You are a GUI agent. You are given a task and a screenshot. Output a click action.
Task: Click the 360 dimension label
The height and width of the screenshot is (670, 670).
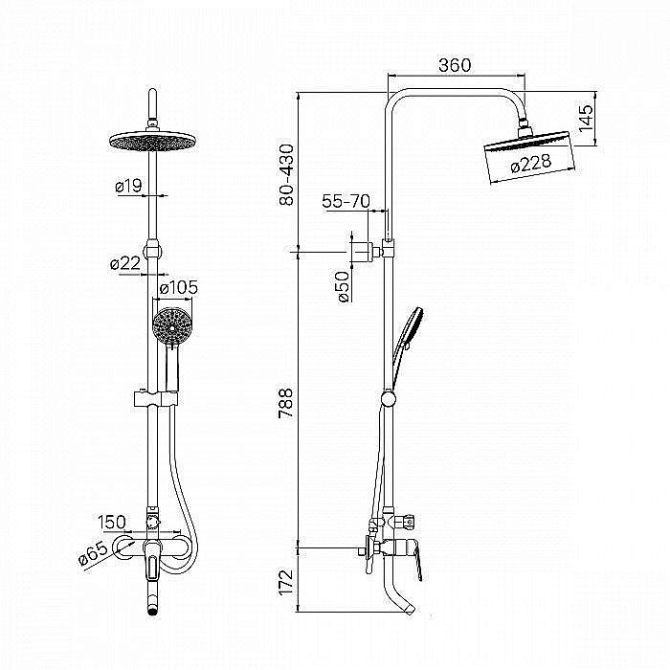click(455, 65)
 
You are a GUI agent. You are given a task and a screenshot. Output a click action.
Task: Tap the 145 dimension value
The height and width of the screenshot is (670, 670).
click(586, 118)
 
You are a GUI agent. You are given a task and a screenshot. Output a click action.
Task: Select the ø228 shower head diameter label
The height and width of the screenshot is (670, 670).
click(531, 164)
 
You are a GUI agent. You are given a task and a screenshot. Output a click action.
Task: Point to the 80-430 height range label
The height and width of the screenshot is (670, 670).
click(287, 175)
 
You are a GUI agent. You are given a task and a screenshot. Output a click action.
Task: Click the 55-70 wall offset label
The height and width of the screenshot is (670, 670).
click(346, 201)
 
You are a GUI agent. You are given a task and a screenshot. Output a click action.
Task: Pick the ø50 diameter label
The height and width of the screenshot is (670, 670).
click(344, 287)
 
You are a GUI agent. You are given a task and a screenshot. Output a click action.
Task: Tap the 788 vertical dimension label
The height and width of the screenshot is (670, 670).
click(286, 403)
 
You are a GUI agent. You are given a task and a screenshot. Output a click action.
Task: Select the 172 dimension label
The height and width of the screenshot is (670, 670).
click(286, 582)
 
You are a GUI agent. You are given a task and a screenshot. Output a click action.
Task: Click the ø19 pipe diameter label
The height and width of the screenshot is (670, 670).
click(128, 186)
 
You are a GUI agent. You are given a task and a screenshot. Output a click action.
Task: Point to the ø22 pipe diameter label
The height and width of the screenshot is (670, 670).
click(125, 263)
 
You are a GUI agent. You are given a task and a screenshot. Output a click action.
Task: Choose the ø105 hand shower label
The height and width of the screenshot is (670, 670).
click(179, 287)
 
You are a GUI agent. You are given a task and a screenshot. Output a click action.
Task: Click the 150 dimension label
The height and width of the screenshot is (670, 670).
click(112, 523)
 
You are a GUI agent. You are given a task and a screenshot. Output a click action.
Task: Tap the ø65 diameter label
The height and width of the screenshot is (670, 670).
click(93, 553)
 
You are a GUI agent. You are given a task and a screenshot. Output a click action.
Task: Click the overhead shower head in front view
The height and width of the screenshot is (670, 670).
click(152, 141)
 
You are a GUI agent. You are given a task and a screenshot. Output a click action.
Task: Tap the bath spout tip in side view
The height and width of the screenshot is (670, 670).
click(410, 609)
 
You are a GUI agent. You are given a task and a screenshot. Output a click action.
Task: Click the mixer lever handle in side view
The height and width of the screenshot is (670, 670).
click(418, 561)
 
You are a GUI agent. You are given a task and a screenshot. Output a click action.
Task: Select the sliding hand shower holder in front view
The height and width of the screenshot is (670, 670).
click(156, 398)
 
